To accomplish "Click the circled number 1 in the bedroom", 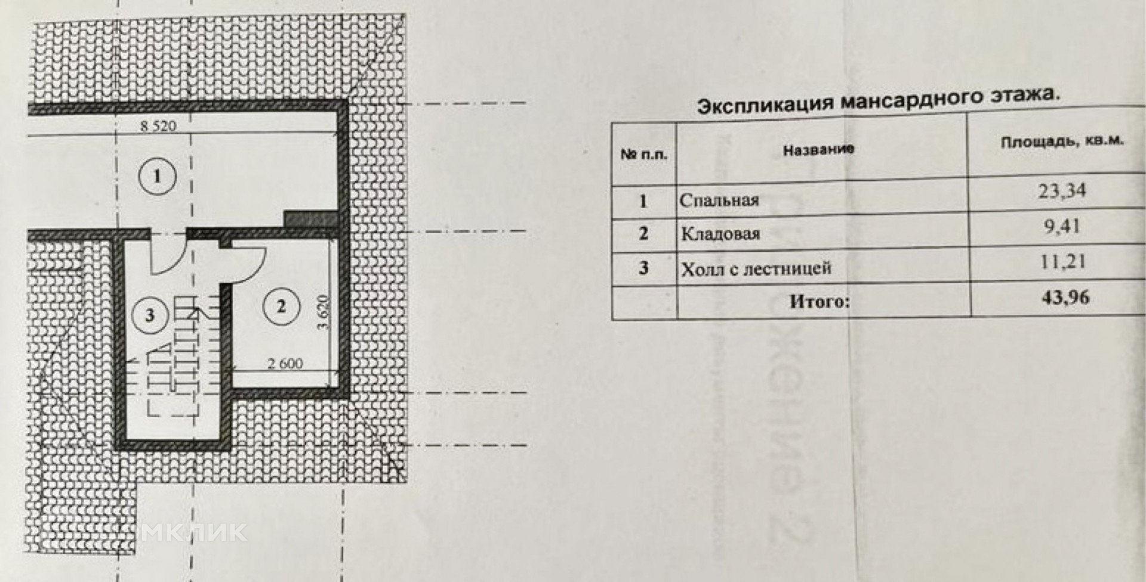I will [157, 176].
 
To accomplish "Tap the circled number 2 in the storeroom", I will [281, 307].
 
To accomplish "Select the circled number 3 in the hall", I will [149, 315].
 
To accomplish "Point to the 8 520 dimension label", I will [158, 126].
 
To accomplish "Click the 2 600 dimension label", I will [285, 363].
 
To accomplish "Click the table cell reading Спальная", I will [719, 200].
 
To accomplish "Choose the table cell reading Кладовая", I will [720, 233].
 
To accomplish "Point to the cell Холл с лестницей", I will [756, 269].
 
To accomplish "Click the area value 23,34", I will [1062, 192].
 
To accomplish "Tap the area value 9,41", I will [1062, 227].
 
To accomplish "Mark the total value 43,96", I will [1065, 297].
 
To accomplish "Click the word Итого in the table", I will [818, 301].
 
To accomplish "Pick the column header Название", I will [818, 150].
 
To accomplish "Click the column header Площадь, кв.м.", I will [1062, 142].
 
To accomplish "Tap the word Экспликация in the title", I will [766, 104].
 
